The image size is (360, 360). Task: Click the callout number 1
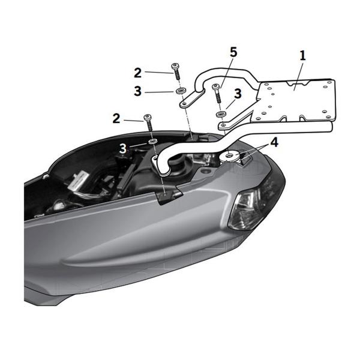(x=303, y=56)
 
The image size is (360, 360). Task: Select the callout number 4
(x=274, y=143)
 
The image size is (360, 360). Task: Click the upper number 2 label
(x=137, y=73)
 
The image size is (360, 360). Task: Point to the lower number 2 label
(x=116, y=118)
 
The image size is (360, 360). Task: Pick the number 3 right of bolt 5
(x=238, y=94)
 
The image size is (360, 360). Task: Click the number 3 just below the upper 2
(x=137, y=91)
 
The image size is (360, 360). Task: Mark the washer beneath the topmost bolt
(x=179, y=91)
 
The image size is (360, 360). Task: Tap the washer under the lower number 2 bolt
(x=152, y=142)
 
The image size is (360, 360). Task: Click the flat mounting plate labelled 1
(x=294, y=99)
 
